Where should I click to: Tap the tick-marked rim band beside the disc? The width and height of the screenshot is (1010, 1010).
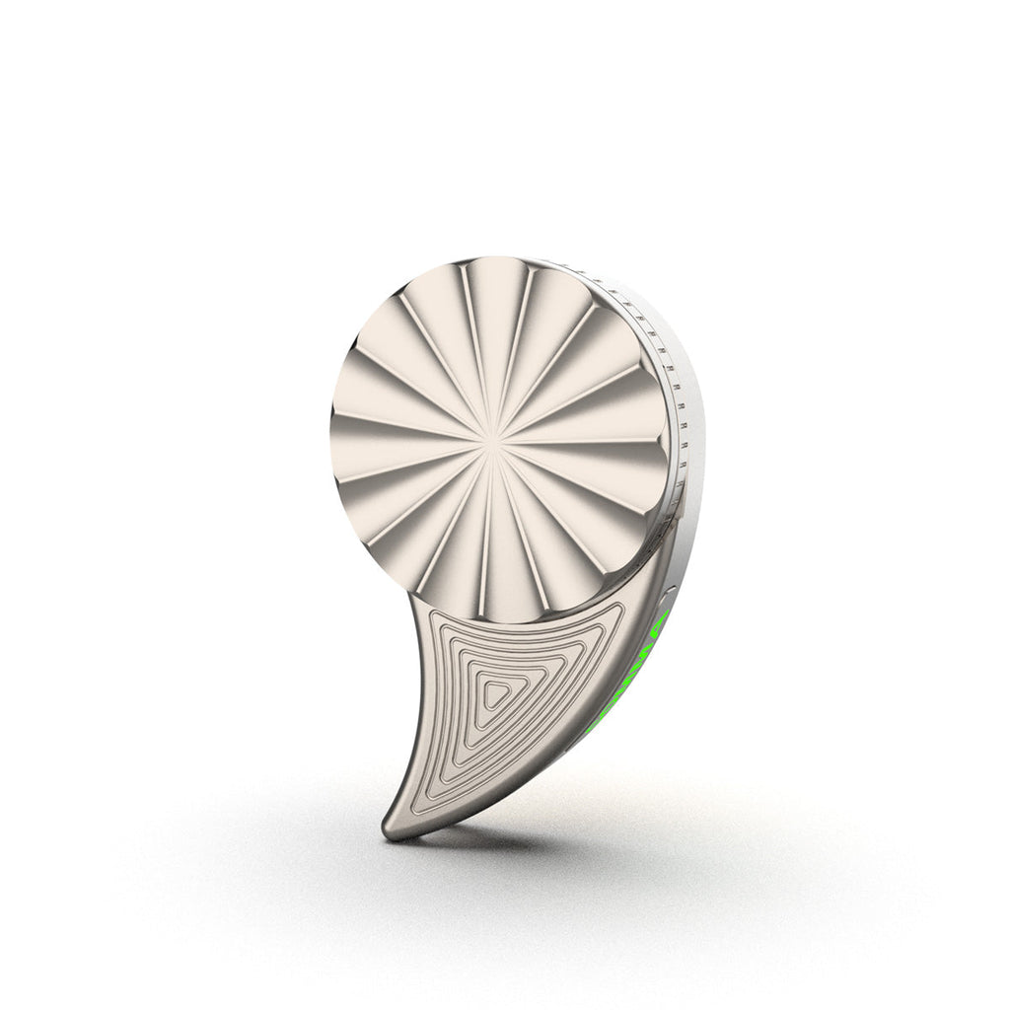[x=670, y=395]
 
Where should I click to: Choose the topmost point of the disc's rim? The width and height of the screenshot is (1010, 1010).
[x=498, y=257]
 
